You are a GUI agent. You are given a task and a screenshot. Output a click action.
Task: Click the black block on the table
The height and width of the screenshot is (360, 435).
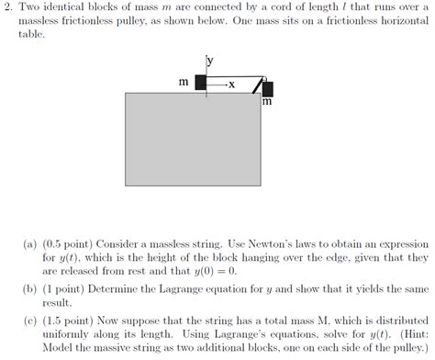(x=201, y=83)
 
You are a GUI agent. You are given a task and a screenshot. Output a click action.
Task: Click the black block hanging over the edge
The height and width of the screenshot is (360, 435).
(x=268, y=89)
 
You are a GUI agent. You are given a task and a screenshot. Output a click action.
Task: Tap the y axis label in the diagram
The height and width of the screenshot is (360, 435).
(x=210, y=61)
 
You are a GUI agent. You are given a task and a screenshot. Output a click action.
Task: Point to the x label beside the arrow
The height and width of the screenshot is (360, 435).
(x=232, y=84)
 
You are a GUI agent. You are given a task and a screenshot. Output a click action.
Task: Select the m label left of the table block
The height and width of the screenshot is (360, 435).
(x=184, y=82)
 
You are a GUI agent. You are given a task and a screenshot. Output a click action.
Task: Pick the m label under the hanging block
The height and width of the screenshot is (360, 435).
(x=267, y=101)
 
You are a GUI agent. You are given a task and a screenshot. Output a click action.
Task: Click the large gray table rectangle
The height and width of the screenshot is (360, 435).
(x=193, y=140)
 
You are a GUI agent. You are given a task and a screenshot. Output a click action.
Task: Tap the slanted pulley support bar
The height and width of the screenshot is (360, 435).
(x=258, y=85)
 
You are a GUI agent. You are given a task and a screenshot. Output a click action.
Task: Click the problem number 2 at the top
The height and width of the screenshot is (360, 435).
(x=8, y=6)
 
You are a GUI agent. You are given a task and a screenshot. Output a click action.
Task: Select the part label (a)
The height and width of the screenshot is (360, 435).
(x=30, y=244)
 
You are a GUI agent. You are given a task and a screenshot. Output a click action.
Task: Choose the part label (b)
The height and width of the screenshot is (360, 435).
(x=30, y=289)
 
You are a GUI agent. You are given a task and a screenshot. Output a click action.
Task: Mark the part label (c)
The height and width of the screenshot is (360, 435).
(x=30, y=321)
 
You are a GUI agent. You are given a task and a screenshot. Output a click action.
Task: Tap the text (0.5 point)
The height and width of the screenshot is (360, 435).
(x=68, y=244)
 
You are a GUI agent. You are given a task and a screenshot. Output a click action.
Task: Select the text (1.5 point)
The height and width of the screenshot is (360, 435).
(x=68, y=321)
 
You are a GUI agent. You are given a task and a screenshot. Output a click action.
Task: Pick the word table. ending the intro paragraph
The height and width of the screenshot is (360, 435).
(x=31, y=34)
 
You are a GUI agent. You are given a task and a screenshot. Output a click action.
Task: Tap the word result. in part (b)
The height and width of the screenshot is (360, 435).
(x=57, y=303)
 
